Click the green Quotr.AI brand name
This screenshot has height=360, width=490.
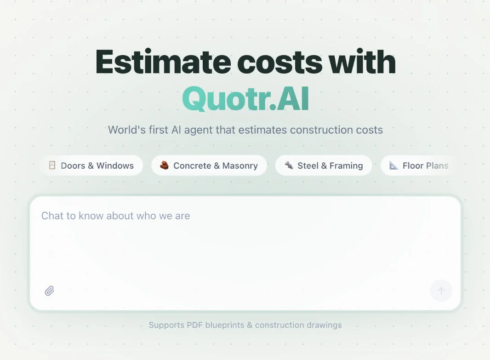(245, 98)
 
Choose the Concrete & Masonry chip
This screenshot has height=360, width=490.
(209, 166)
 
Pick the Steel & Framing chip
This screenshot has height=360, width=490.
(324, 166)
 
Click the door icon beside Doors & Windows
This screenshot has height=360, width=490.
(52, 166)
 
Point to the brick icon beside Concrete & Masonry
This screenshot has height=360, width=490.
(164, 166)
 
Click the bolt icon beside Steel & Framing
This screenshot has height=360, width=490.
(289, 166)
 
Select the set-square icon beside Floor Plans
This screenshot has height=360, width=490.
(393, 166)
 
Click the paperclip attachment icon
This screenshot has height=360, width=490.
(50, 291)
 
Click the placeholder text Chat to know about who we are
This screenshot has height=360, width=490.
(115, 216)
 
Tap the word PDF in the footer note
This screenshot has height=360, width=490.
(195, 325)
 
